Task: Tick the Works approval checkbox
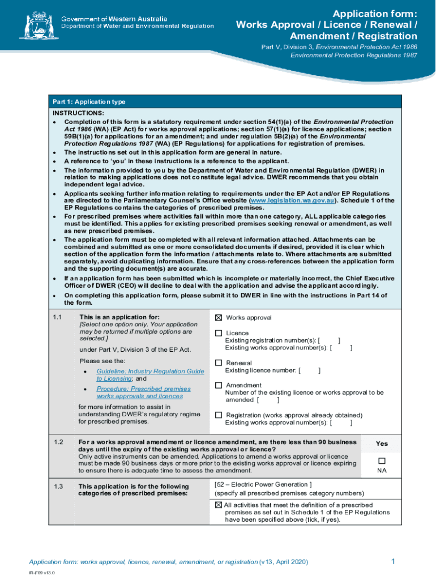point(219,318)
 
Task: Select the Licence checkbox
point(219,333)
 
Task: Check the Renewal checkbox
point(219,363)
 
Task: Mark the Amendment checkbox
point(219,385)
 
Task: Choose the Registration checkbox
point(219,415)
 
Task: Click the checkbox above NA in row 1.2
point(382,460)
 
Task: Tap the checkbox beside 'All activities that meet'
point(219,505)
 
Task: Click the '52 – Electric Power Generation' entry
point(263,484)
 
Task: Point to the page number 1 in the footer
point(392,561)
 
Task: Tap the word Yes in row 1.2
point(382,443)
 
